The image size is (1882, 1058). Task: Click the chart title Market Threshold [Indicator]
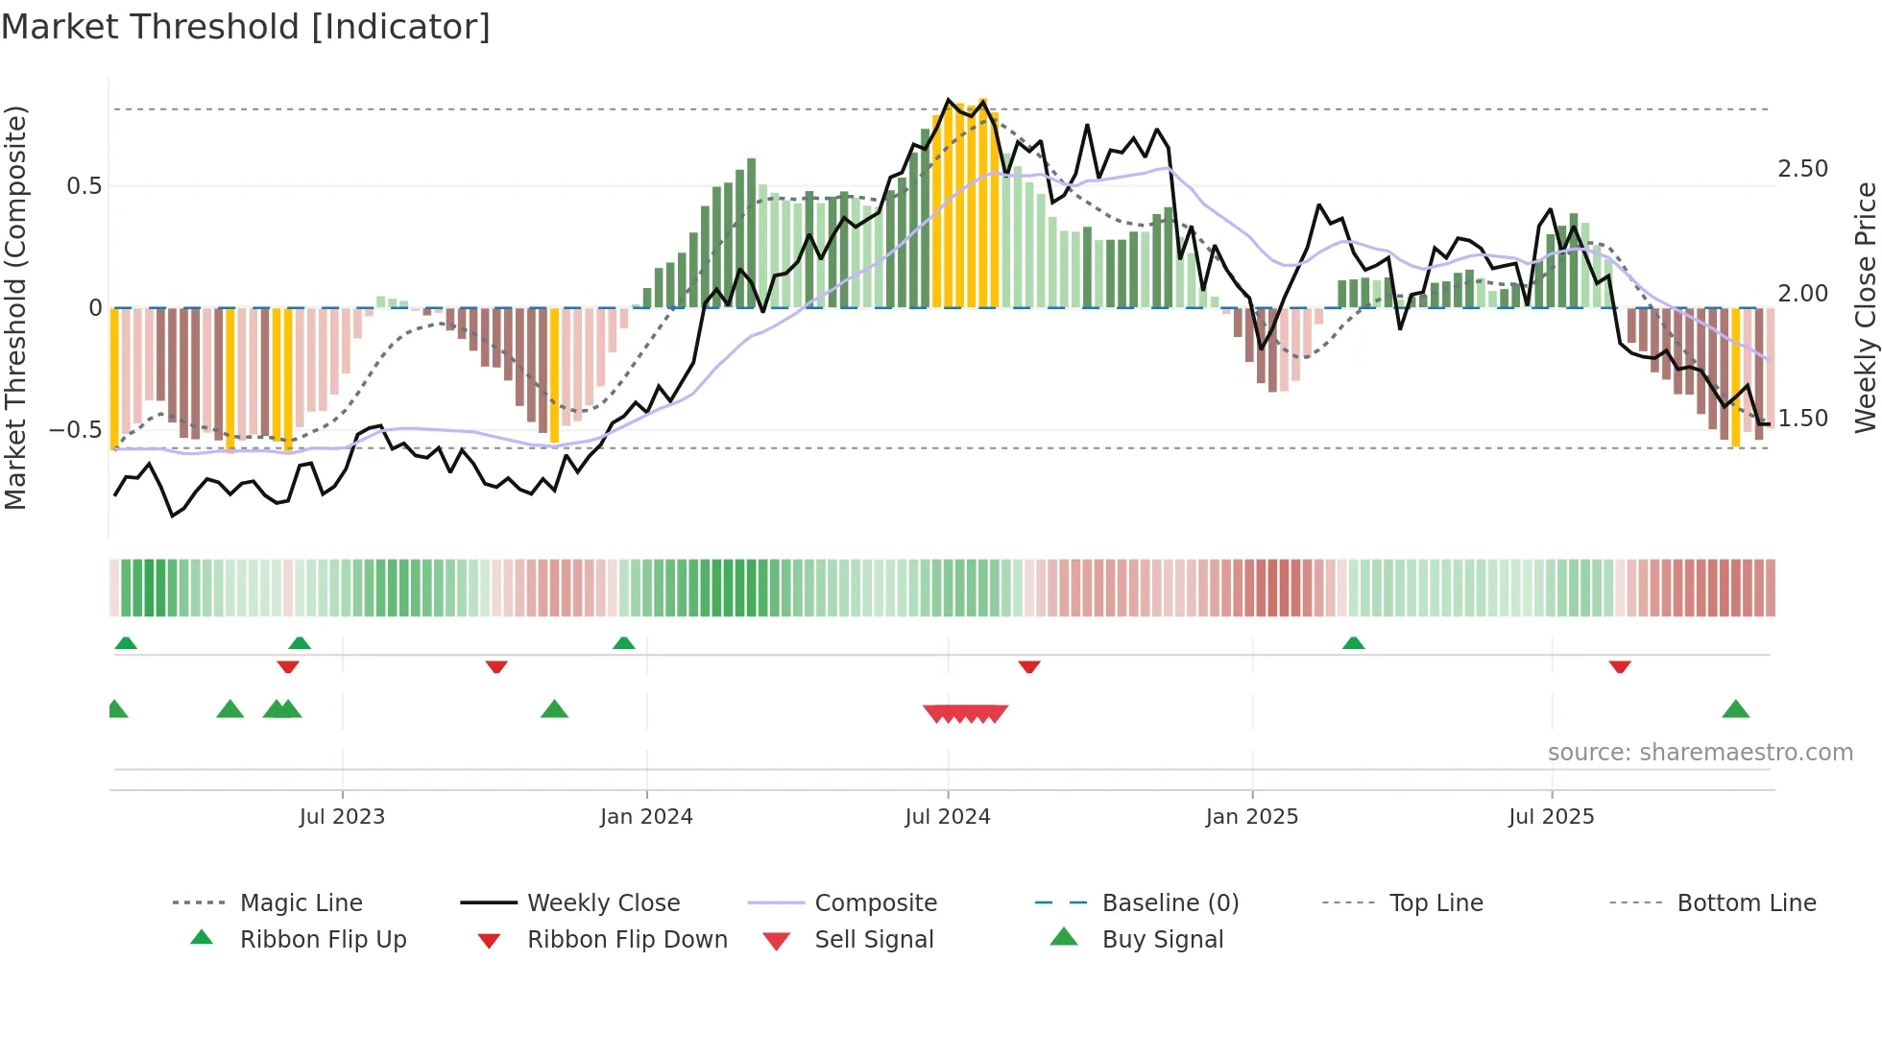pyautogui.click(x=246, y=27)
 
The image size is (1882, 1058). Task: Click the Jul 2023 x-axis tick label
pyautogui.click(x=342, y=817)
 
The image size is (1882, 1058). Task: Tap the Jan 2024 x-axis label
pyautogui.click(x=646, y=817)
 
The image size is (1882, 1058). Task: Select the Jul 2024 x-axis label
pyautogui.click(x=947, y=817)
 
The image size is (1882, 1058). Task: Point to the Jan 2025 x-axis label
pyautogui.click(x=1251, y=817)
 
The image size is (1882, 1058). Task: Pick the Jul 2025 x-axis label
pyautogui.click(x=1551, y=817)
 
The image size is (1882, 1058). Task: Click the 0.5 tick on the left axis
pyautogui.click(x=84, y=186)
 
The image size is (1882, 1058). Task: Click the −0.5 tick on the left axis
pyautogui.click(x=76, y=430)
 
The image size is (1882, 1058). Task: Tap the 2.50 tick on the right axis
pyautogui.click(x=1802, y=169)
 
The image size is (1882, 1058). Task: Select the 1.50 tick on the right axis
pyautogui.click(x=1802, y=419)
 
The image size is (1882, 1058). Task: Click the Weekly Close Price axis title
pyautogui.click(x=1865, y=307)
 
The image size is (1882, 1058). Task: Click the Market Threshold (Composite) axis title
pyautogui.click(x=15, y=307)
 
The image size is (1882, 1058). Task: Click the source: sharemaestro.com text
pyautogui.click(x=1700, y=753)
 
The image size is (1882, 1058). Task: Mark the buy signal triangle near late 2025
pyautogui.click(x=1735, y=710)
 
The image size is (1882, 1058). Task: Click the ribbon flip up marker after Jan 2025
pyautogui.click(x=1353, y=643)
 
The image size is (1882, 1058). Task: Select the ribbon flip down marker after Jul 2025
pyautogui.click(x=1620, y=666)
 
